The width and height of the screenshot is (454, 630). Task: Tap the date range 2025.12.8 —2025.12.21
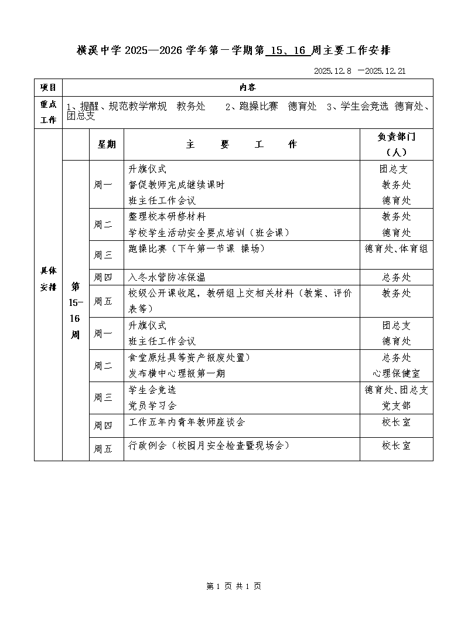click(360, 71)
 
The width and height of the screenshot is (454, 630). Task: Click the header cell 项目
click(48, 87)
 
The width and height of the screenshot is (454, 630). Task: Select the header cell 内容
click(247, 87)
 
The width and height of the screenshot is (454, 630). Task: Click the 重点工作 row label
click(48, 112)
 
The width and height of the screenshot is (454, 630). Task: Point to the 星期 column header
click(106, 144)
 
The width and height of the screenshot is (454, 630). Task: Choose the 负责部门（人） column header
click(396, 144)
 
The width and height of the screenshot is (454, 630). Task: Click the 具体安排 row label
click(48, 279)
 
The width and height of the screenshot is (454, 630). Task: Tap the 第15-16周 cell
click(76, 310)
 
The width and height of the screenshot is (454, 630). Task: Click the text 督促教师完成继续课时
click(176, 185)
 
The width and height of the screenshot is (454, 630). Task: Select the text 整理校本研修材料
click(167, 217)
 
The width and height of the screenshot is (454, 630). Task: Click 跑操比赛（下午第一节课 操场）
click(197, 248)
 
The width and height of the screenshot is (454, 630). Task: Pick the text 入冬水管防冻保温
click(167, 277)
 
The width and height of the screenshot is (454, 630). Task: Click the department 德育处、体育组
click(396, 248)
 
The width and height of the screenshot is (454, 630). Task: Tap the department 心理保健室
click(396, 373)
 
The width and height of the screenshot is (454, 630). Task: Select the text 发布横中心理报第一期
click(176, 373)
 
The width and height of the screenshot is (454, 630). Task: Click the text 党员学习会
click(152, 406)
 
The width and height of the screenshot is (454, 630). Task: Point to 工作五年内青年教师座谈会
click(186, 422)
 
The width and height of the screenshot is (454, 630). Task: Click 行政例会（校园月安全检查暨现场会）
click(209, 445)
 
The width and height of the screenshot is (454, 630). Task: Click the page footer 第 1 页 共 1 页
click(234, 586)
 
